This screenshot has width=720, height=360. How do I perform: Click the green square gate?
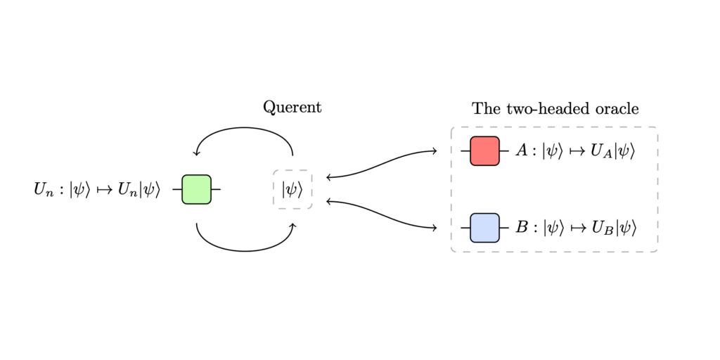[x=196, y=189]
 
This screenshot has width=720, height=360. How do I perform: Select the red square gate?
[x=484, y=151]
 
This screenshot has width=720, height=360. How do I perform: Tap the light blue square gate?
[x=484, y=228]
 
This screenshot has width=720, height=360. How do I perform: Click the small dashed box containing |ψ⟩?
[x=292, y=189]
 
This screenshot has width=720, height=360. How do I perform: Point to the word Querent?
[x=292, y=107]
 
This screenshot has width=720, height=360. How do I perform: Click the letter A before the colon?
[x=521, y=151]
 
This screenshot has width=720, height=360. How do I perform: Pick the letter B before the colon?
[x=521, y=228]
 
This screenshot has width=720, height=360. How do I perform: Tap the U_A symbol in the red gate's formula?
[x=602, y=152]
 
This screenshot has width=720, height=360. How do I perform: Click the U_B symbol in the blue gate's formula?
[x=602, y=229]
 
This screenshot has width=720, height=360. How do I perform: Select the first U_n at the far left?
[x=43, y=190]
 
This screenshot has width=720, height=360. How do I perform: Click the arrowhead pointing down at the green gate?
[x=196, y=154]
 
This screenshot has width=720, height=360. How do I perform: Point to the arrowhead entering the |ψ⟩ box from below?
[x=293, y=225]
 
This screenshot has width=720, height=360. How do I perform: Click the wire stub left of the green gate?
[x=176, y=189]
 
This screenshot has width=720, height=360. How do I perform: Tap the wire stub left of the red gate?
[x=465, y=151]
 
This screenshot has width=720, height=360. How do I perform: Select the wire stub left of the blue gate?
[x=465, y=228]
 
